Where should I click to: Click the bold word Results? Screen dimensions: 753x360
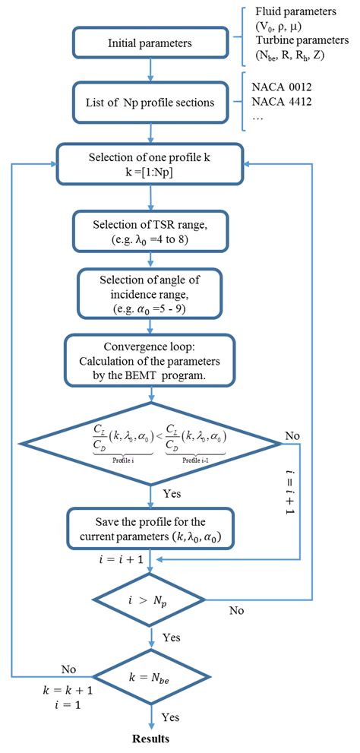pos(151,738)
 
